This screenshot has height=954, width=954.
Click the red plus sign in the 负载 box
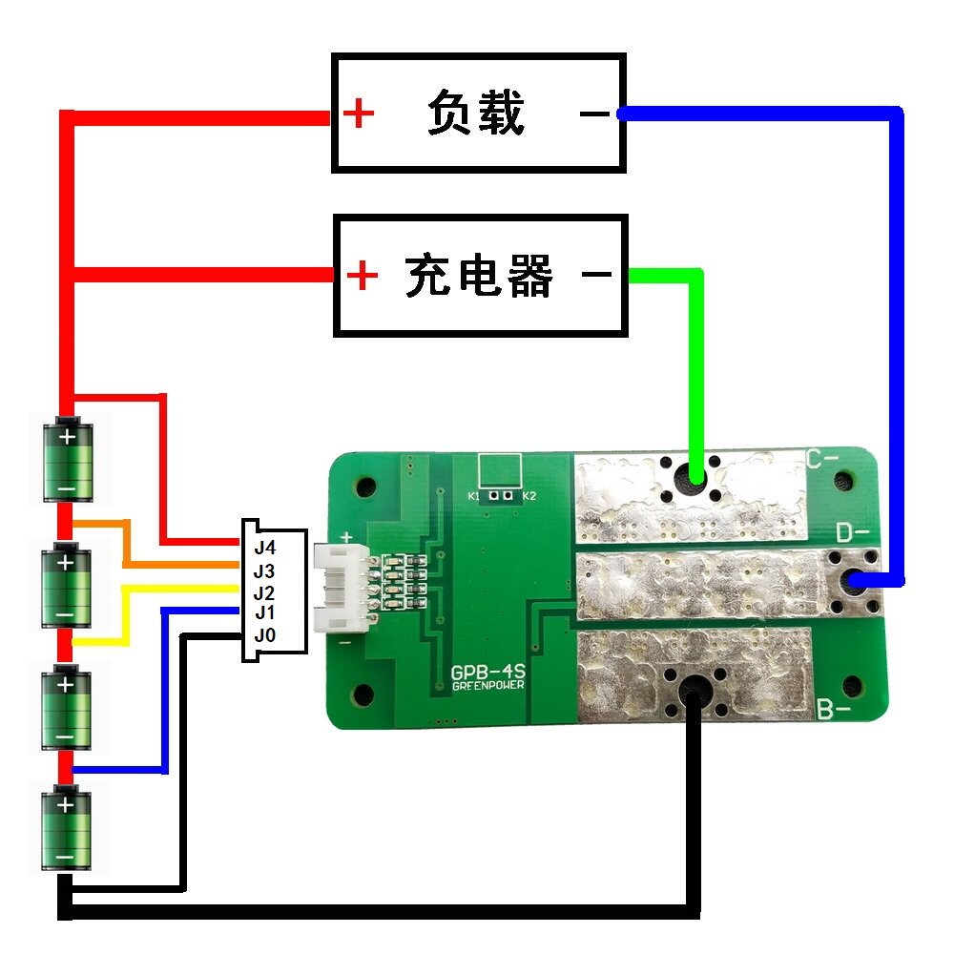(x=359, y=114)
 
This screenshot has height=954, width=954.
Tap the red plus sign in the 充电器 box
(x=362, y=277)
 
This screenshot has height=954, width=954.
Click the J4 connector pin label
(x=264, y=549)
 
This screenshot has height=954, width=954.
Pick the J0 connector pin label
(x=264, y=634)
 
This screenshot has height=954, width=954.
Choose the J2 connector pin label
(x=264, y=592)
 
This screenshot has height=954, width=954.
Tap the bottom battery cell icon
(x=66, y=828)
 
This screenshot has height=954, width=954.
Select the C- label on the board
(x=821, y=460)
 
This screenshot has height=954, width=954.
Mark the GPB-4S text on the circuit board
(x=488, y=674)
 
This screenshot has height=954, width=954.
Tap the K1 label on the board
(x=474, y=497)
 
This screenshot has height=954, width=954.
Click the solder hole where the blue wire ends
(x=855, y=579)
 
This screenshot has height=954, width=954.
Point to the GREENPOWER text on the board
(x=488, y=687)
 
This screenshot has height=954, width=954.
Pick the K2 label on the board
(x=530, y=497)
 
